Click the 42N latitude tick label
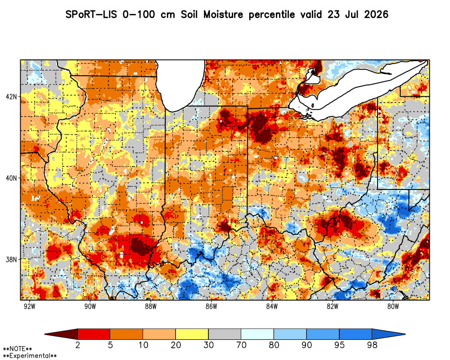coord(12,96)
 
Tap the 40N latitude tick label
coord(12,178)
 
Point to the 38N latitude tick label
coord(12,260)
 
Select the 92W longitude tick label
coord(30,306)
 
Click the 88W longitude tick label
coord(151,306)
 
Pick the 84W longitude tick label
coord(272,306)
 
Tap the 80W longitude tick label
coord(393,306)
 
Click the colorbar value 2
coord(77,345)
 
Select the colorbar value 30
coord(208,345)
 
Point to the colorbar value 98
coord(372,345)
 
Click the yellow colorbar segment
coord(192,334)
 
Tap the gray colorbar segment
coord(225,334)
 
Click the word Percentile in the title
coord(271,15)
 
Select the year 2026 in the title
coord(376,14)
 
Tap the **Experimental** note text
coord(30,356)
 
